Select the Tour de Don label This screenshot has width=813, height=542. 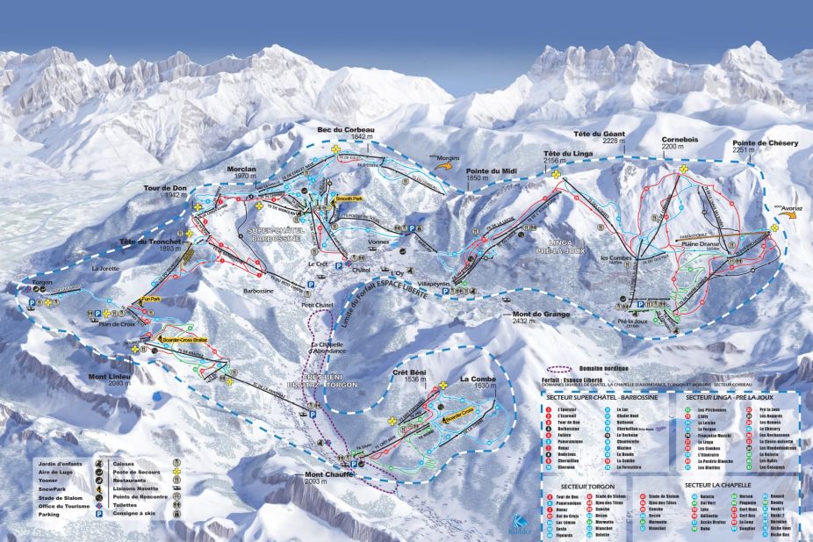point(167,189)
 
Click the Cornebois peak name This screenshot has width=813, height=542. point(681,140)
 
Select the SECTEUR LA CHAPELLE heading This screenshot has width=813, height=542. point(724,485)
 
